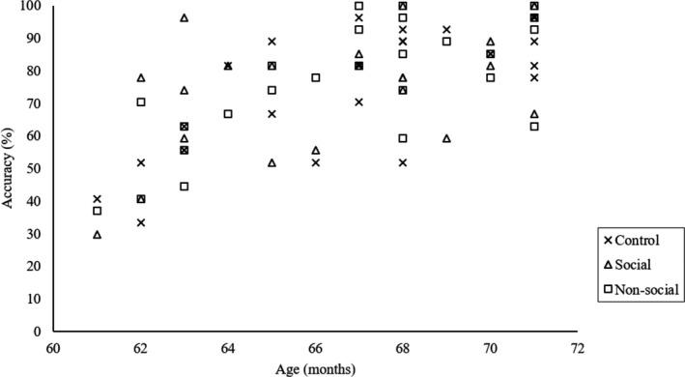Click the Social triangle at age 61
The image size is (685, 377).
[x=97, y=234]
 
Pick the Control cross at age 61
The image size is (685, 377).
[x=97, y=199]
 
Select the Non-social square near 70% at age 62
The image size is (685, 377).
[x=141, y=101]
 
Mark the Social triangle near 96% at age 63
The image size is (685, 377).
[x=185, y=18]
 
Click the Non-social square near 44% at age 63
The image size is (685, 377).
[x=185, y=186]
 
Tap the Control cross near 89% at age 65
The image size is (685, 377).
[x=271, y=42]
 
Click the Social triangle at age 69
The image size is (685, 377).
[x=446, y=138]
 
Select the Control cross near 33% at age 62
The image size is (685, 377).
[x=141, y=222]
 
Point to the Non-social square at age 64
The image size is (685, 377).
[x=228, y=113]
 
